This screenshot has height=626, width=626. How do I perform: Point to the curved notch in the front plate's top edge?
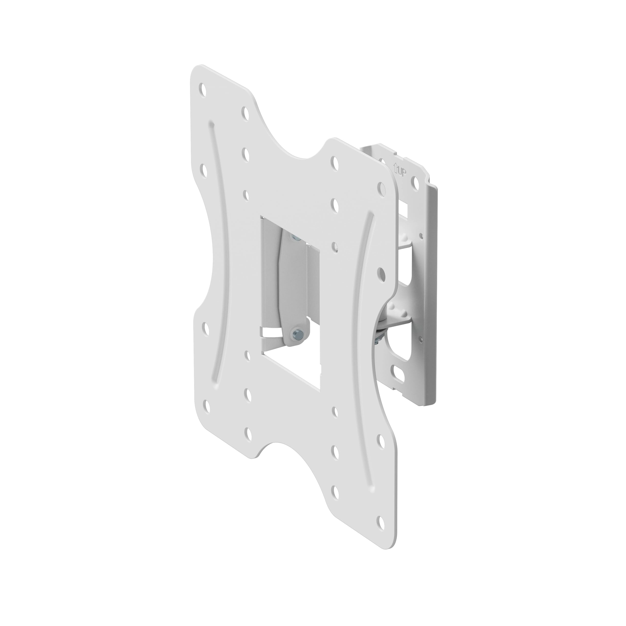305,152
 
